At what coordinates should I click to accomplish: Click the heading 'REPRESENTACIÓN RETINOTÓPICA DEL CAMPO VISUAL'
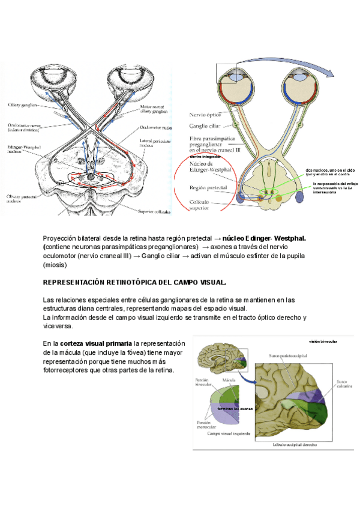coord(135,282)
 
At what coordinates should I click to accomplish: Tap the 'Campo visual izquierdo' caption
coord(229,432)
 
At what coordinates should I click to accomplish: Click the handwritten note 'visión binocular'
coord(323,342)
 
